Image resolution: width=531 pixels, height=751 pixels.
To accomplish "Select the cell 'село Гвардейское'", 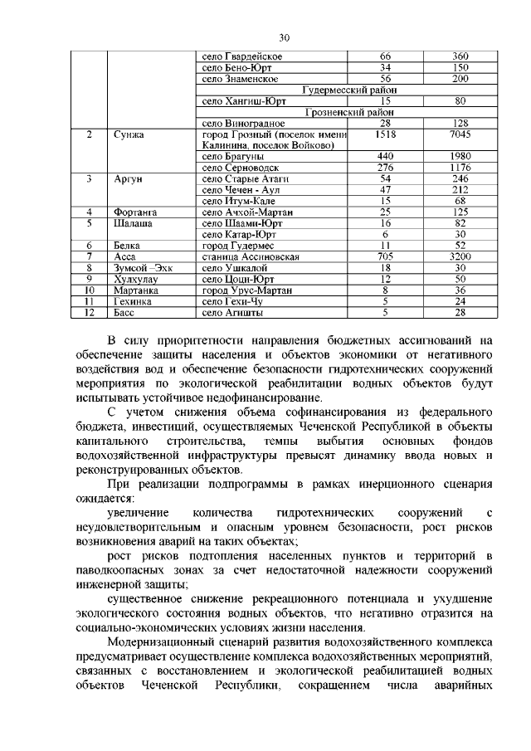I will pos(242,56).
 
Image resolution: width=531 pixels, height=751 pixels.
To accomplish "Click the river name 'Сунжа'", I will pos(129,134).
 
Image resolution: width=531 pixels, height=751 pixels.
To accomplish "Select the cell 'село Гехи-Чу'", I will pos(232,302).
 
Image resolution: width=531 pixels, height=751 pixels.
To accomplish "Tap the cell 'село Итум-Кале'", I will pos(238,201).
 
